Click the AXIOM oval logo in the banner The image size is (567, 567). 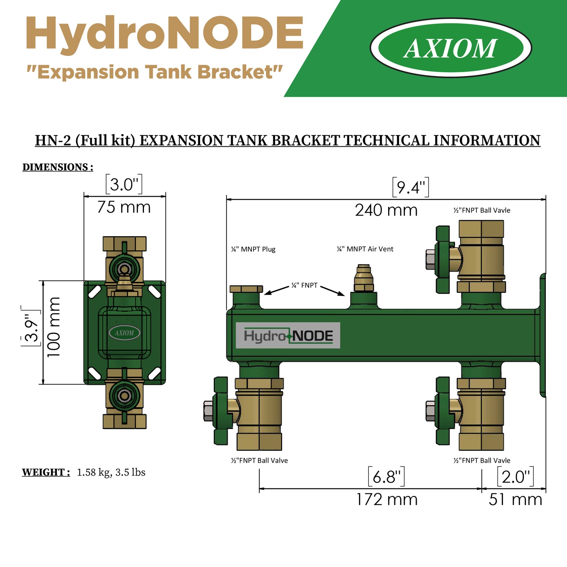(x=450, y=48)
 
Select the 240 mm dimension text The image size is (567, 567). (x=386, y=210)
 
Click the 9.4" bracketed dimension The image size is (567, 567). (x=410, y=187)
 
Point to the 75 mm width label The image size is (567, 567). (x=124, y=207)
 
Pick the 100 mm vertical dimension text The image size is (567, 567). (x=54, y=327)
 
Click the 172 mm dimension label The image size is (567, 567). (x=387, y=500)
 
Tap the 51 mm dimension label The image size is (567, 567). (x=515, y=500)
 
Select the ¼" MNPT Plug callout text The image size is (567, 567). (x=253, y=249)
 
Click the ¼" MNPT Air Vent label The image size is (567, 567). (x=365, y=249)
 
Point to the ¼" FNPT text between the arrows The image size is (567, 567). (x=304, y=285)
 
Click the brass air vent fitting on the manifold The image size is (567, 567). (x=363, y=279)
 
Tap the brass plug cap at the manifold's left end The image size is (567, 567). (x=246, y=289)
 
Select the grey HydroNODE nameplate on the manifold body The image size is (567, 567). (x=288, y=335)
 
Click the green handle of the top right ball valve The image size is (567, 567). (x=443, y=259)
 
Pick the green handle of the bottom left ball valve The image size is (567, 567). (x=221, y=411)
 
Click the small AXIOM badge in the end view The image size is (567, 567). (x=124, y=333)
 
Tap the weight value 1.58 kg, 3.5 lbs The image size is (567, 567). (x=111, y=472)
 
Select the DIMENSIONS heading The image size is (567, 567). (x=58, y=167)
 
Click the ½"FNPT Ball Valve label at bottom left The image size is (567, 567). (x=259, y=461)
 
